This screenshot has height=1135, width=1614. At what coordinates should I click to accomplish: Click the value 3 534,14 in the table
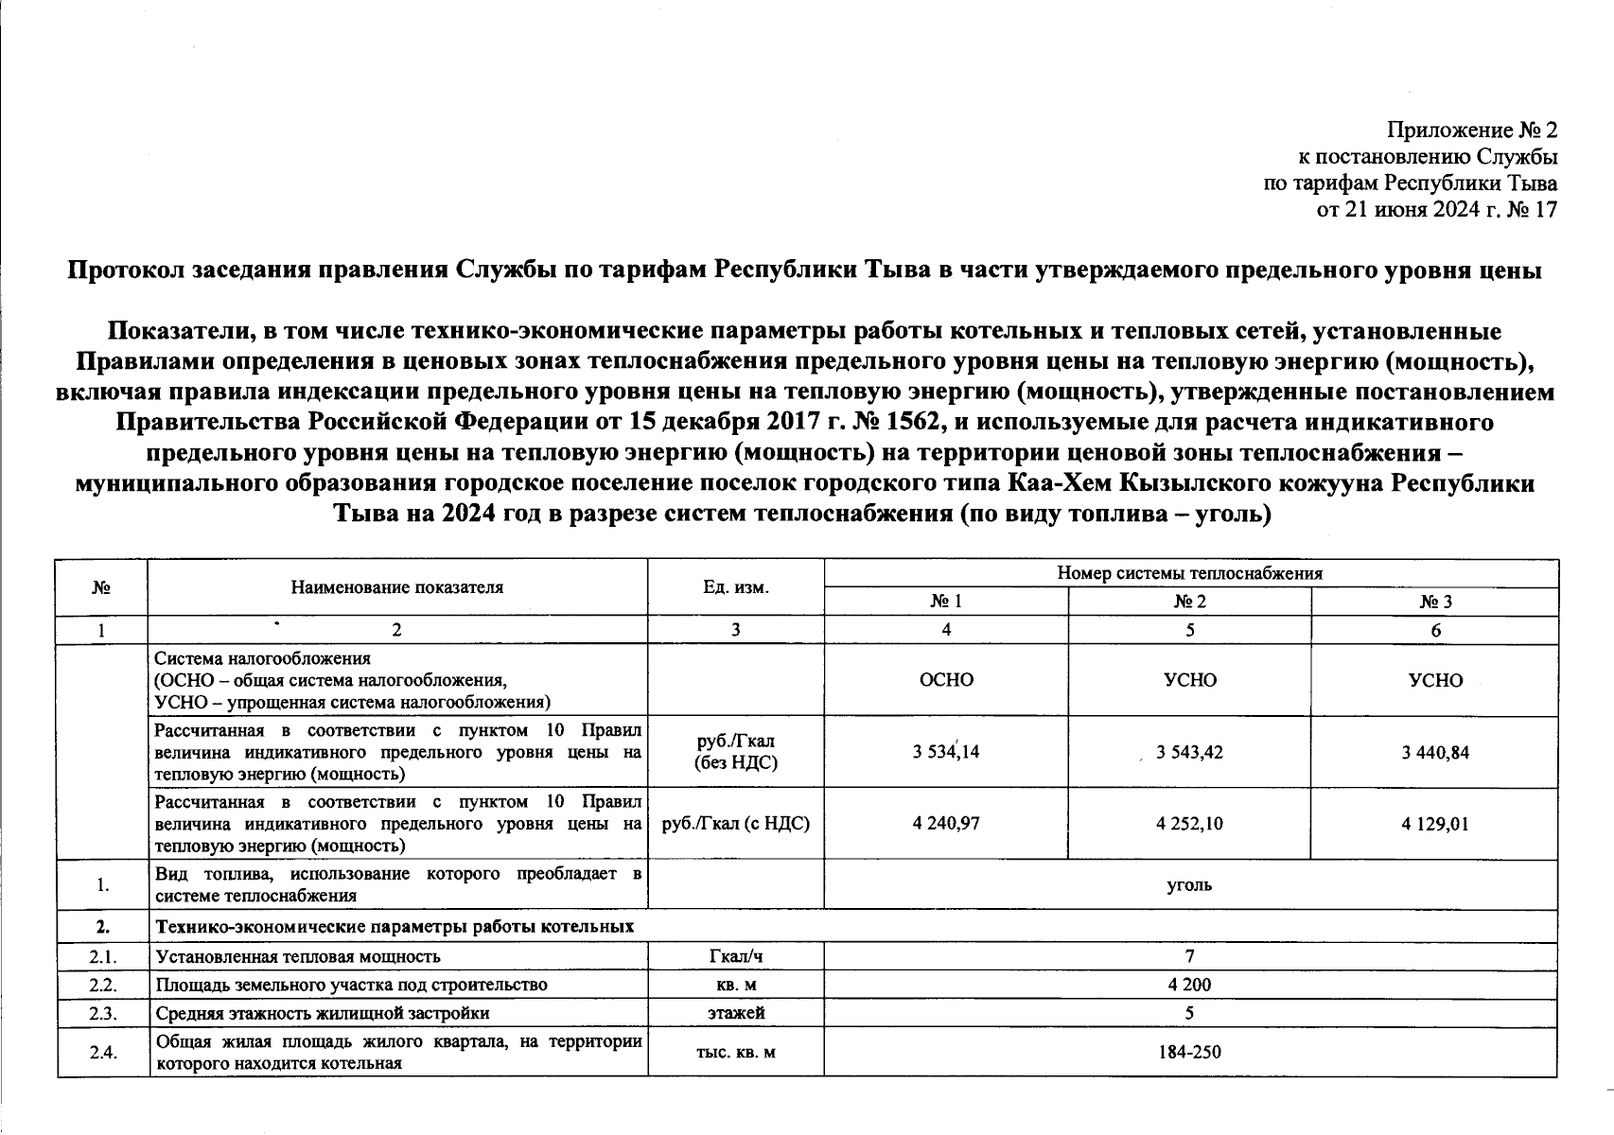946,753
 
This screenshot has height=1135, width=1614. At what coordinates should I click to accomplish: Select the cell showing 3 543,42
1190,753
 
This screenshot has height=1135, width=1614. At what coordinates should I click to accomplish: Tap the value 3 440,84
1435,753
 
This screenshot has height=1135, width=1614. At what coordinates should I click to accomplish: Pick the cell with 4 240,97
946,824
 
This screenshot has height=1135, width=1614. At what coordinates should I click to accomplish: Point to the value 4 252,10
1190,824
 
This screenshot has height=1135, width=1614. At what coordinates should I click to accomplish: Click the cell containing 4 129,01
1435,824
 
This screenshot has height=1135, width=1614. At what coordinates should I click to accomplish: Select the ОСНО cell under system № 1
946,680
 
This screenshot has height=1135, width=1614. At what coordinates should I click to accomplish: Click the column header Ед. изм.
736,587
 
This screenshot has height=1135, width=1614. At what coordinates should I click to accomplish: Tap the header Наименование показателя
397,587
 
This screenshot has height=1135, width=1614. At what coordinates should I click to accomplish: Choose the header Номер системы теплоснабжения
1190,573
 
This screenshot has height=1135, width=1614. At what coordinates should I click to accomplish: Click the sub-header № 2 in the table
1190,602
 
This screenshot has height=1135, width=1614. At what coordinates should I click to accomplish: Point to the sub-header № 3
1435,602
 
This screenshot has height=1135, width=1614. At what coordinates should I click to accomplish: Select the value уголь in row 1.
1190,885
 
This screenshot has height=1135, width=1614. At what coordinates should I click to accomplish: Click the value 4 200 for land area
1190,985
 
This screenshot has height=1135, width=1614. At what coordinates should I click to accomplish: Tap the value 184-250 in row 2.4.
1190,1051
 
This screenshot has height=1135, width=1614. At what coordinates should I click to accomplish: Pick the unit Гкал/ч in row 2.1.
736,956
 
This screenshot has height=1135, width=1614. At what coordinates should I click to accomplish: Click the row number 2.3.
102,1013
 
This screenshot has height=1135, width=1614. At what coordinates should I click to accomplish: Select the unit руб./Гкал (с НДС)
736,824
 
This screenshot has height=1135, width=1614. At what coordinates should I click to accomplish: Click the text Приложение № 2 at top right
1471,131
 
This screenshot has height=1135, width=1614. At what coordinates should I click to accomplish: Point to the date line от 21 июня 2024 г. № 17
1437,209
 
